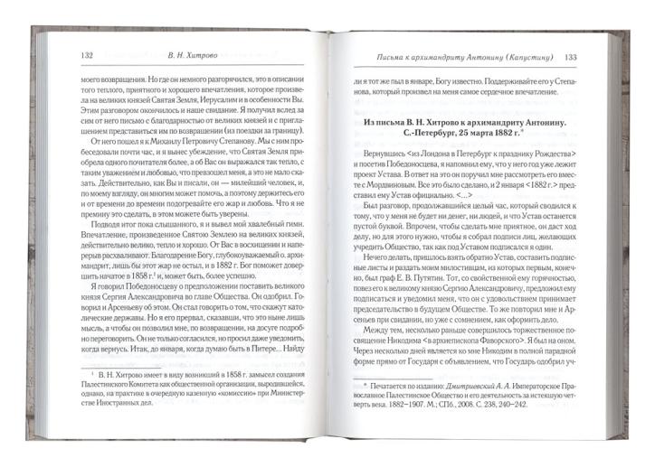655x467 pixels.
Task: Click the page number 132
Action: click(x=87, y=56)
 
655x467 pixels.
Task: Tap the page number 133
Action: click(x=571, y=59)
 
